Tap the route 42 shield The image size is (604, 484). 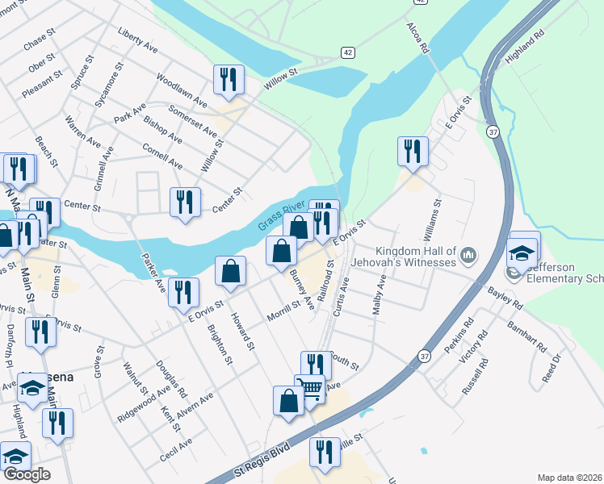[346, 52]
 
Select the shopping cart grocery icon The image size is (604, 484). [309, 390]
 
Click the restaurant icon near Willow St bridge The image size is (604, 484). [229, 80]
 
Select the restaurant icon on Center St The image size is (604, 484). [186, 202]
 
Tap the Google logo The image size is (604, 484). [26, 474]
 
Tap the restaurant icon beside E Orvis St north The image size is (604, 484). [413, 152]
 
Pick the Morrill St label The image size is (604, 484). [285, 307]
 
